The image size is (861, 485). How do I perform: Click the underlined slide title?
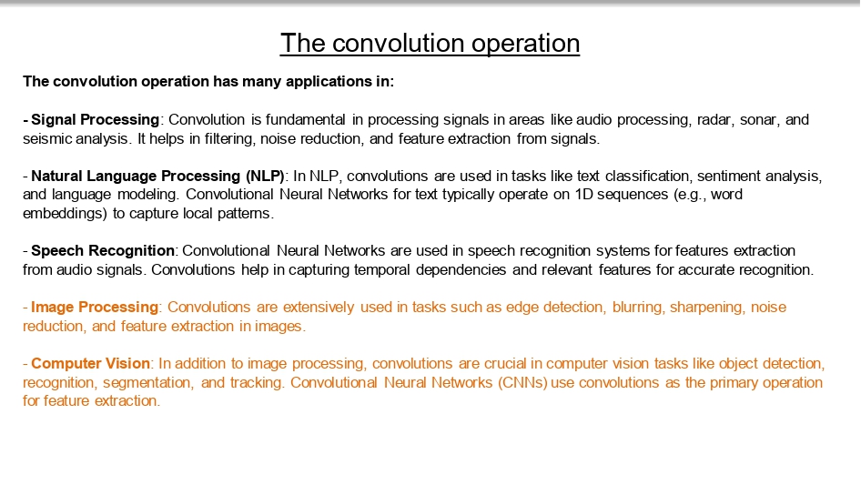[430, 43]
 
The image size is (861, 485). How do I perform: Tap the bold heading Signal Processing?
[96, 119]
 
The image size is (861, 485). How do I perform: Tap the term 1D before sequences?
[564, 195]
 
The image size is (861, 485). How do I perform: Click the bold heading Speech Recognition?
[103, 250]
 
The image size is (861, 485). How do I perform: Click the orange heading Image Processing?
[95, 308]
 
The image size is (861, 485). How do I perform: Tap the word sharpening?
[707, 308]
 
